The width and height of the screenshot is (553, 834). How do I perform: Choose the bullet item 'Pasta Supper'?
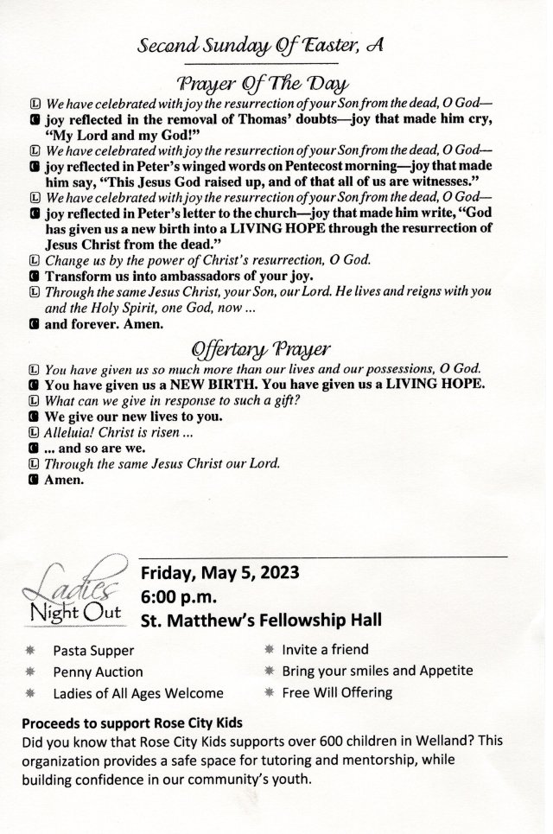point(93,651)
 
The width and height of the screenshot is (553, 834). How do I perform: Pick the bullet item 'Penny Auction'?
point(98,672)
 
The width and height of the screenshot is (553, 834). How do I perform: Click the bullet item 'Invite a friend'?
point(325,649)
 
